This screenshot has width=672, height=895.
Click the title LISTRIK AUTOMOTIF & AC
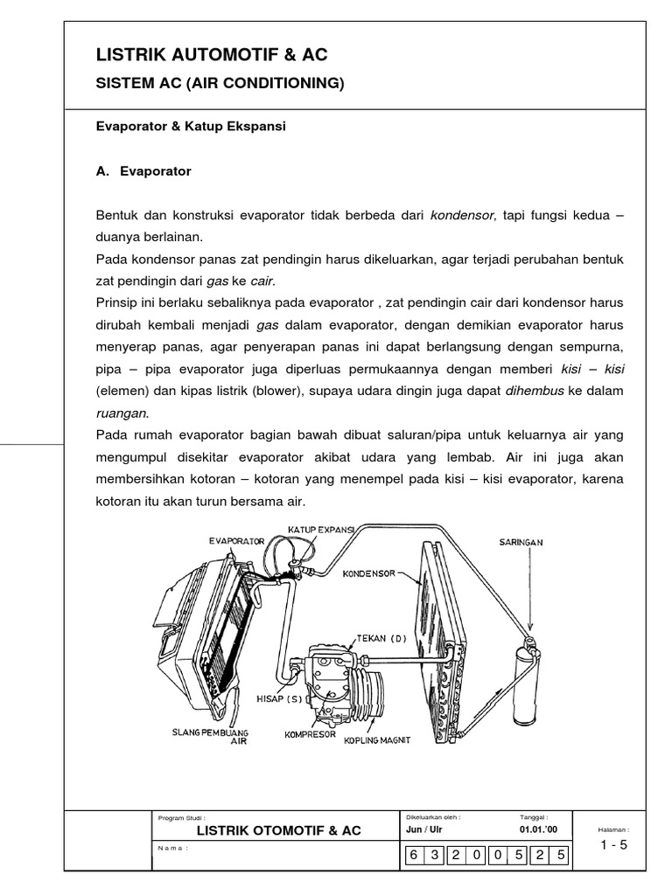[x=212, y=55]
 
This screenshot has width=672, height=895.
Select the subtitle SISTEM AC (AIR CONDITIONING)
[x=220, y=84]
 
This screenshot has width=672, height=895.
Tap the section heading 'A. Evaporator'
[x=143, y=171]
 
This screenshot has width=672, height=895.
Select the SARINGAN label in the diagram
[x=521, y=542]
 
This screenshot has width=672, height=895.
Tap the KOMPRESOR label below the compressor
[x=311, y=735]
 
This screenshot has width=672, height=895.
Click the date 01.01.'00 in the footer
[x=537, y=829]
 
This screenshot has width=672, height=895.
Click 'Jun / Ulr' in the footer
[x=424, y=829]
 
